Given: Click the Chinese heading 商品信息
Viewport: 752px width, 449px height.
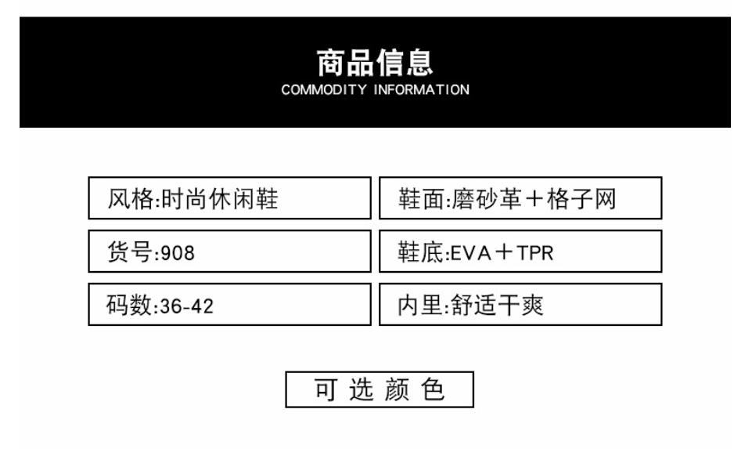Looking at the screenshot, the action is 375,62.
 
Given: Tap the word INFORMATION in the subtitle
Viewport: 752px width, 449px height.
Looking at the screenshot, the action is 421,89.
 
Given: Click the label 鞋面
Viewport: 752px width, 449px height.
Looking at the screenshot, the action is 419,200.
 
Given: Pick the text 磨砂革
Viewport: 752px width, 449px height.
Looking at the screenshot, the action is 485,200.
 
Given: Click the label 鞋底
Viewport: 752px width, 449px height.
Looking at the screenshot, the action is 419,252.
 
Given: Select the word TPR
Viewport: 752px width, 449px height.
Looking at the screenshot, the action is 536,253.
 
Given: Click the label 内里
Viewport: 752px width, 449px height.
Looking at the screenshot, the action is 419,306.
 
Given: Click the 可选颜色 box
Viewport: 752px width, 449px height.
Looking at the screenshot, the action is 380,389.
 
